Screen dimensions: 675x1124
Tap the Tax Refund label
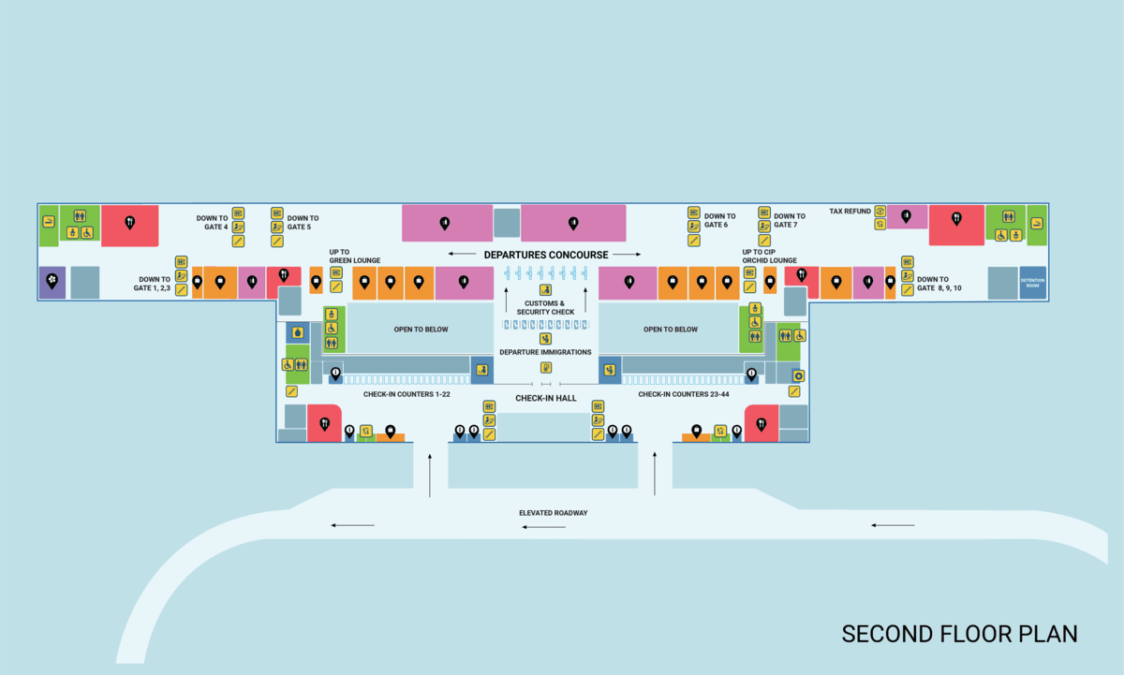point(850,212)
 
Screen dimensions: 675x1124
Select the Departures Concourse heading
point(546,255)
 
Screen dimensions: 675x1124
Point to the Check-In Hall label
point(545,399)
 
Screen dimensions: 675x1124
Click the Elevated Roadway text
point(554,513)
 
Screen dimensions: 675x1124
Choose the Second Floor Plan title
point(959,634)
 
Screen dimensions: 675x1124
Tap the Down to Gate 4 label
point(213,223)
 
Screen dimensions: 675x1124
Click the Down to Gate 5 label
point(303,223)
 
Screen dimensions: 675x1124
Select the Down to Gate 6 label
point(719,221)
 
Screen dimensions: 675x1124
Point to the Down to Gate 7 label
point(790,221)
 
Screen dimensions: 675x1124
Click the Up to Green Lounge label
point(354,257)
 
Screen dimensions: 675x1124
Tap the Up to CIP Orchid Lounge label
point(769,257)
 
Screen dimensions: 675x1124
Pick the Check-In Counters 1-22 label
point(407,394)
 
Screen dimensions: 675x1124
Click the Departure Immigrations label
point(545,352)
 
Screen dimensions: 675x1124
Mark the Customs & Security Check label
point(545,308)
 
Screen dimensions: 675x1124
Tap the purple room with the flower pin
point(52,281)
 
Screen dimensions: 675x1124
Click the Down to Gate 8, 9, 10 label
point(939,283)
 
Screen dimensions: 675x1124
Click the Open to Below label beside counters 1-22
point(421,330)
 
